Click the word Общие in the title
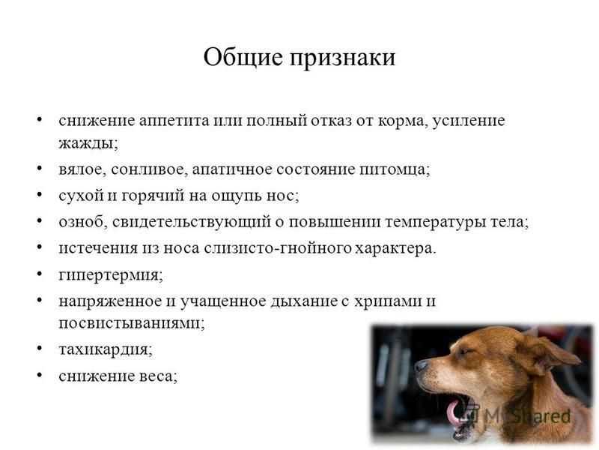pos(243,58)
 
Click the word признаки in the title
pos(342,59)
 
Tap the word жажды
pos(88,143)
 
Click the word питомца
pos(395,170)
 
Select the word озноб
pos(83,222)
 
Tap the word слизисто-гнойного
pos(276,248)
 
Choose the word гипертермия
pos(111,275)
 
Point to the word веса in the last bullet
pos(159,376)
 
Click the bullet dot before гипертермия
pos(40,274)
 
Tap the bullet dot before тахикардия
pos(40,348)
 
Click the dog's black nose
pos(422,366)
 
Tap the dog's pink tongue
pos(454,412)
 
